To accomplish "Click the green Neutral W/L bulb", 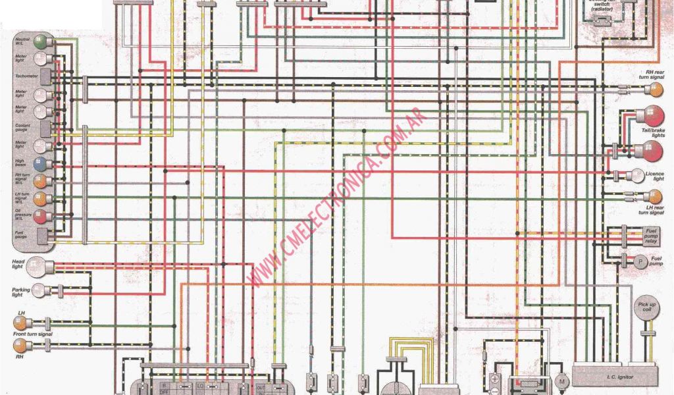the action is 41,42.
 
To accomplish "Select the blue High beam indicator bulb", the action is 40,163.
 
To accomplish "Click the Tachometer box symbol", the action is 45,77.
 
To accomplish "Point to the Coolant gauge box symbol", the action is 45,127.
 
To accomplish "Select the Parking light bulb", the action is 40,290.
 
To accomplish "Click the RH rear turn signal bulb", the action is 654,89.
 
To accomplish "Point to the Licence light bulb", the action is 638,175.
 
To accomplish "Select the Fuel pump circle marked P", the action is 639,261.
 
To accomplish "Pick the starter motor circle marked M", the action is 562,382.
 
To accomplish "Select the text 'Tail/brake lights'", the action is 654,132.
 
